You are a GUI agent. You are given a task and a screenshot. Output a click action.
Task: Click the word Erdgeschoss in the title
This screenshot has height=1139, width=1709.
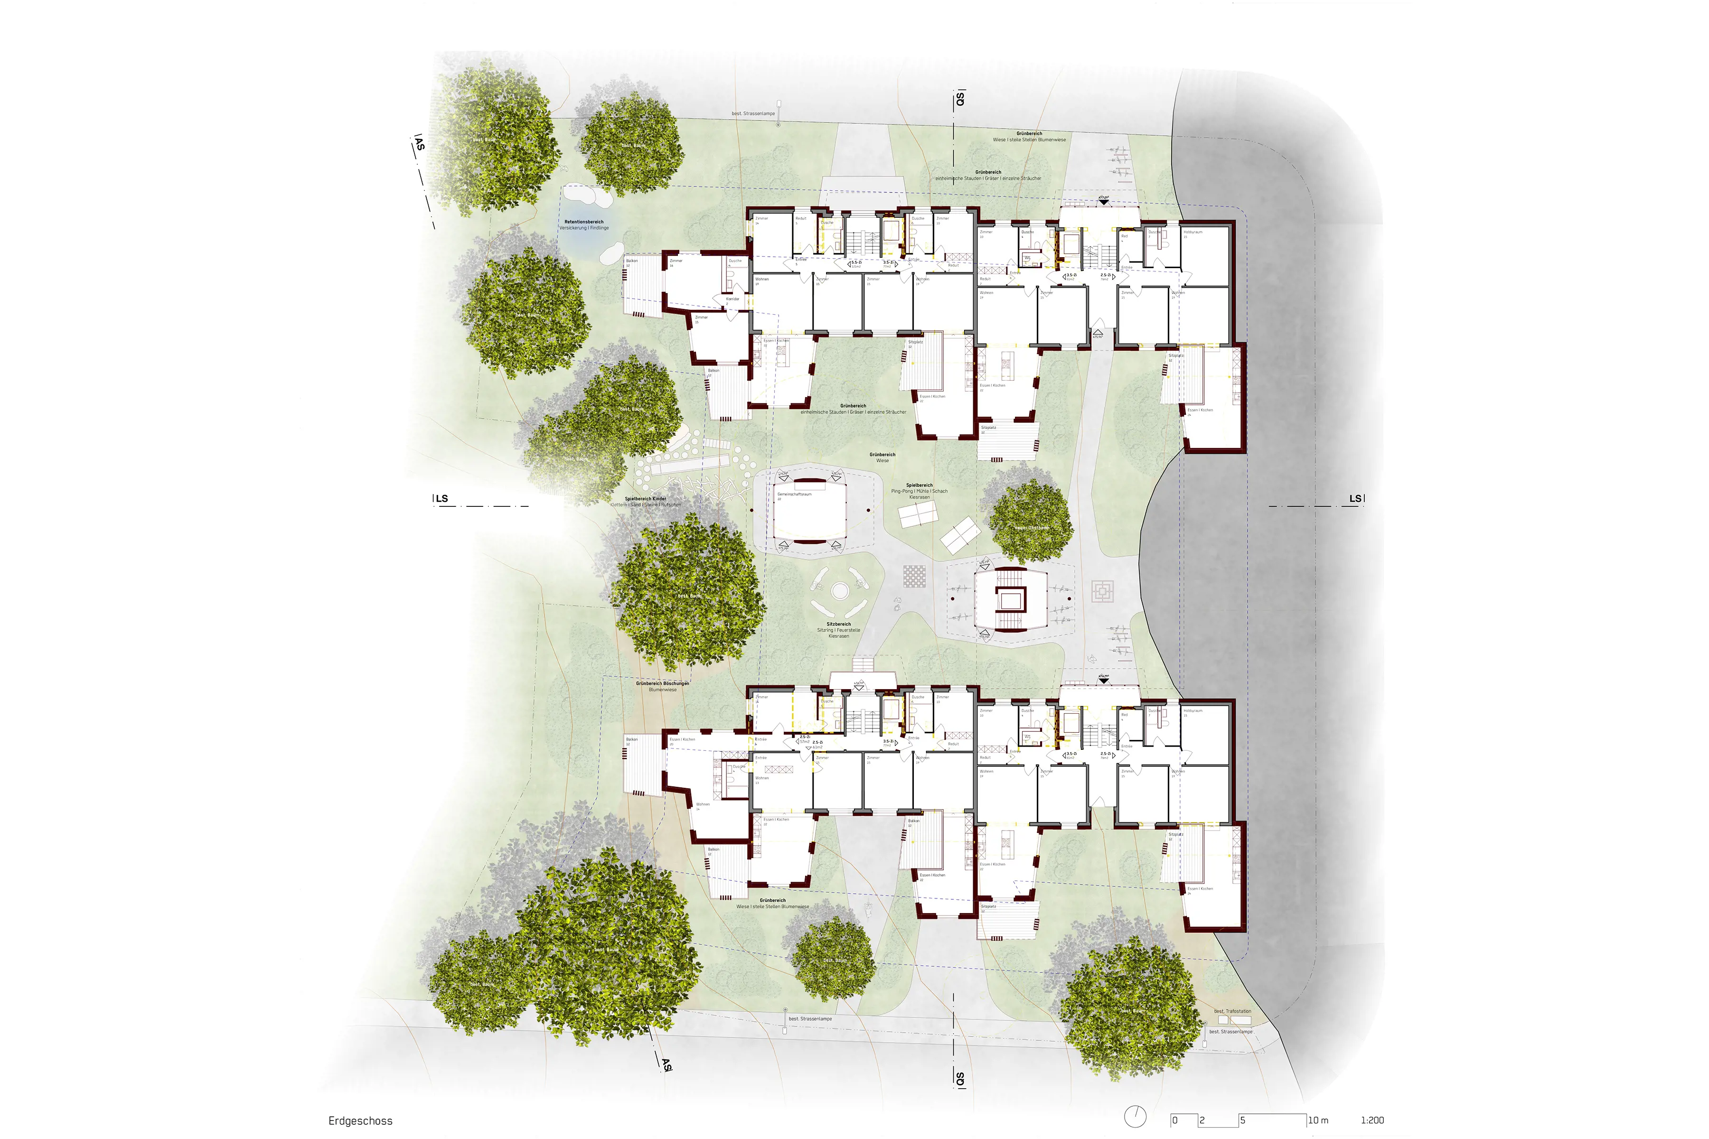pos(360,1121)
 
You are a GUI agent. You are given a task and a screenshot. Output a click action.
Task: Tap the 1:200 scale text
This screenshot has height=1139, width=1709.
pos(1372,1120)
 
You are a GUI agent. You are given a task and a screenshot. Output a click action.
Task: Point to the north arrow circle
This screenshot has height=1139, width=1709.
pos(1135,1117)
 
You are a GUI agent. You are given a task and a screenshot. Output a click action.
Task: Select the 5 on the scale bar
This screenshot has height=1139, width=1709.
pos(1242,1120)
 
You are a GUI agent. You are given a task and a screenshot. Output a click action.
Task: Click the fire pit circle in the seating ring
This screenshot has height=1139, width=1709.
pos(839,591)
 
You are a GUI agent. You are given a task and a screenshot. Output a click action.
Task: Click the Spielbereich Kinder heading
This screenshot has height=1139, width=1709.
pos(645,499)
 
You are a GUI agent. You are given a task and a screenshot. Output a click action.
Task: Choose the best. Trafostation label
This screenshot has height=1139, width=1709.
pos(1232,1011)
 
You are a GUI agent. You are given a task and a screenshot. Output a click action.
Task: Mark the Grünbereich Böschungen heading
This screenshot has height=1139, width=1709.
pos(662,683)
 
